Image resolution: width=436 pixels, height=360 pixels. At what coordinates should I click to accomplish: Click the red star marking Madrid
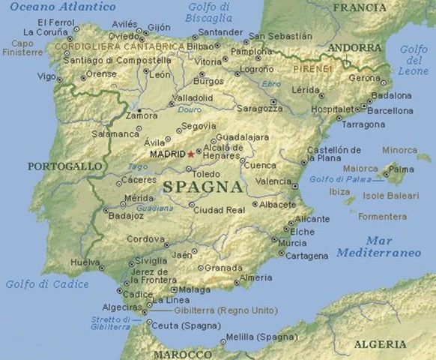(x=190, y=154)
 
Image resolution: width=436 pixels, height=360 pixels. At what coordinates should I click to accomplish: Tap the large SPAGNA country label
(x=202, y=186)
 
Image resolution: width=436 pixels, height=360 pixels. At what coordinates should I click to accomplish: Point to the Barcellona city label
(x=389, y=110)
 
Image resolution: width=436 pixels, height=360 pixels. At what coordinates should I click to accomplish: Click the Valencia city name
(x=273, y=181)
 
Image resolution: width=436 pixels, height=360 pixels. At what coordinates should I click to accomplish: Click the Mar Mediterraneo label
(x=378, y=247)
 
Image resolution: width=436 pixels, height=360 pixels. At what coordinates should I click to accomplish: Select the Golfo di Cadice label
(x=47, y=284)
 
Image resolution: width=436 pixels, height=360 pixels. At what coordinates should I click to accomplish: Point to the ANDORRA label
(x=355, y=48)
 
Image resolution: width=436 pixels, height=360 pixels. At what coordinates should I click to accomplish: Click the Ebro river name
(x=271, y=84)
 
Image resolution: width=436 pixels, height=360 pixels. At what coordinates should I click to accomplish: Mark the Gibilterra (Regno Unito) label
(x=216, y=310)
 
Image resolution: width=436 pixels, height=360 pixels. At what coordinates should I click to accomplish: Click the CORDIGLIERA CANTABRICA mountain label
(x=119, y=46)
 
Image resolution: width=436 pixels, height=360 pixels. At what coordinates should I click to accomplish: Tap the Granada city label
(x=224, y=268)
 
